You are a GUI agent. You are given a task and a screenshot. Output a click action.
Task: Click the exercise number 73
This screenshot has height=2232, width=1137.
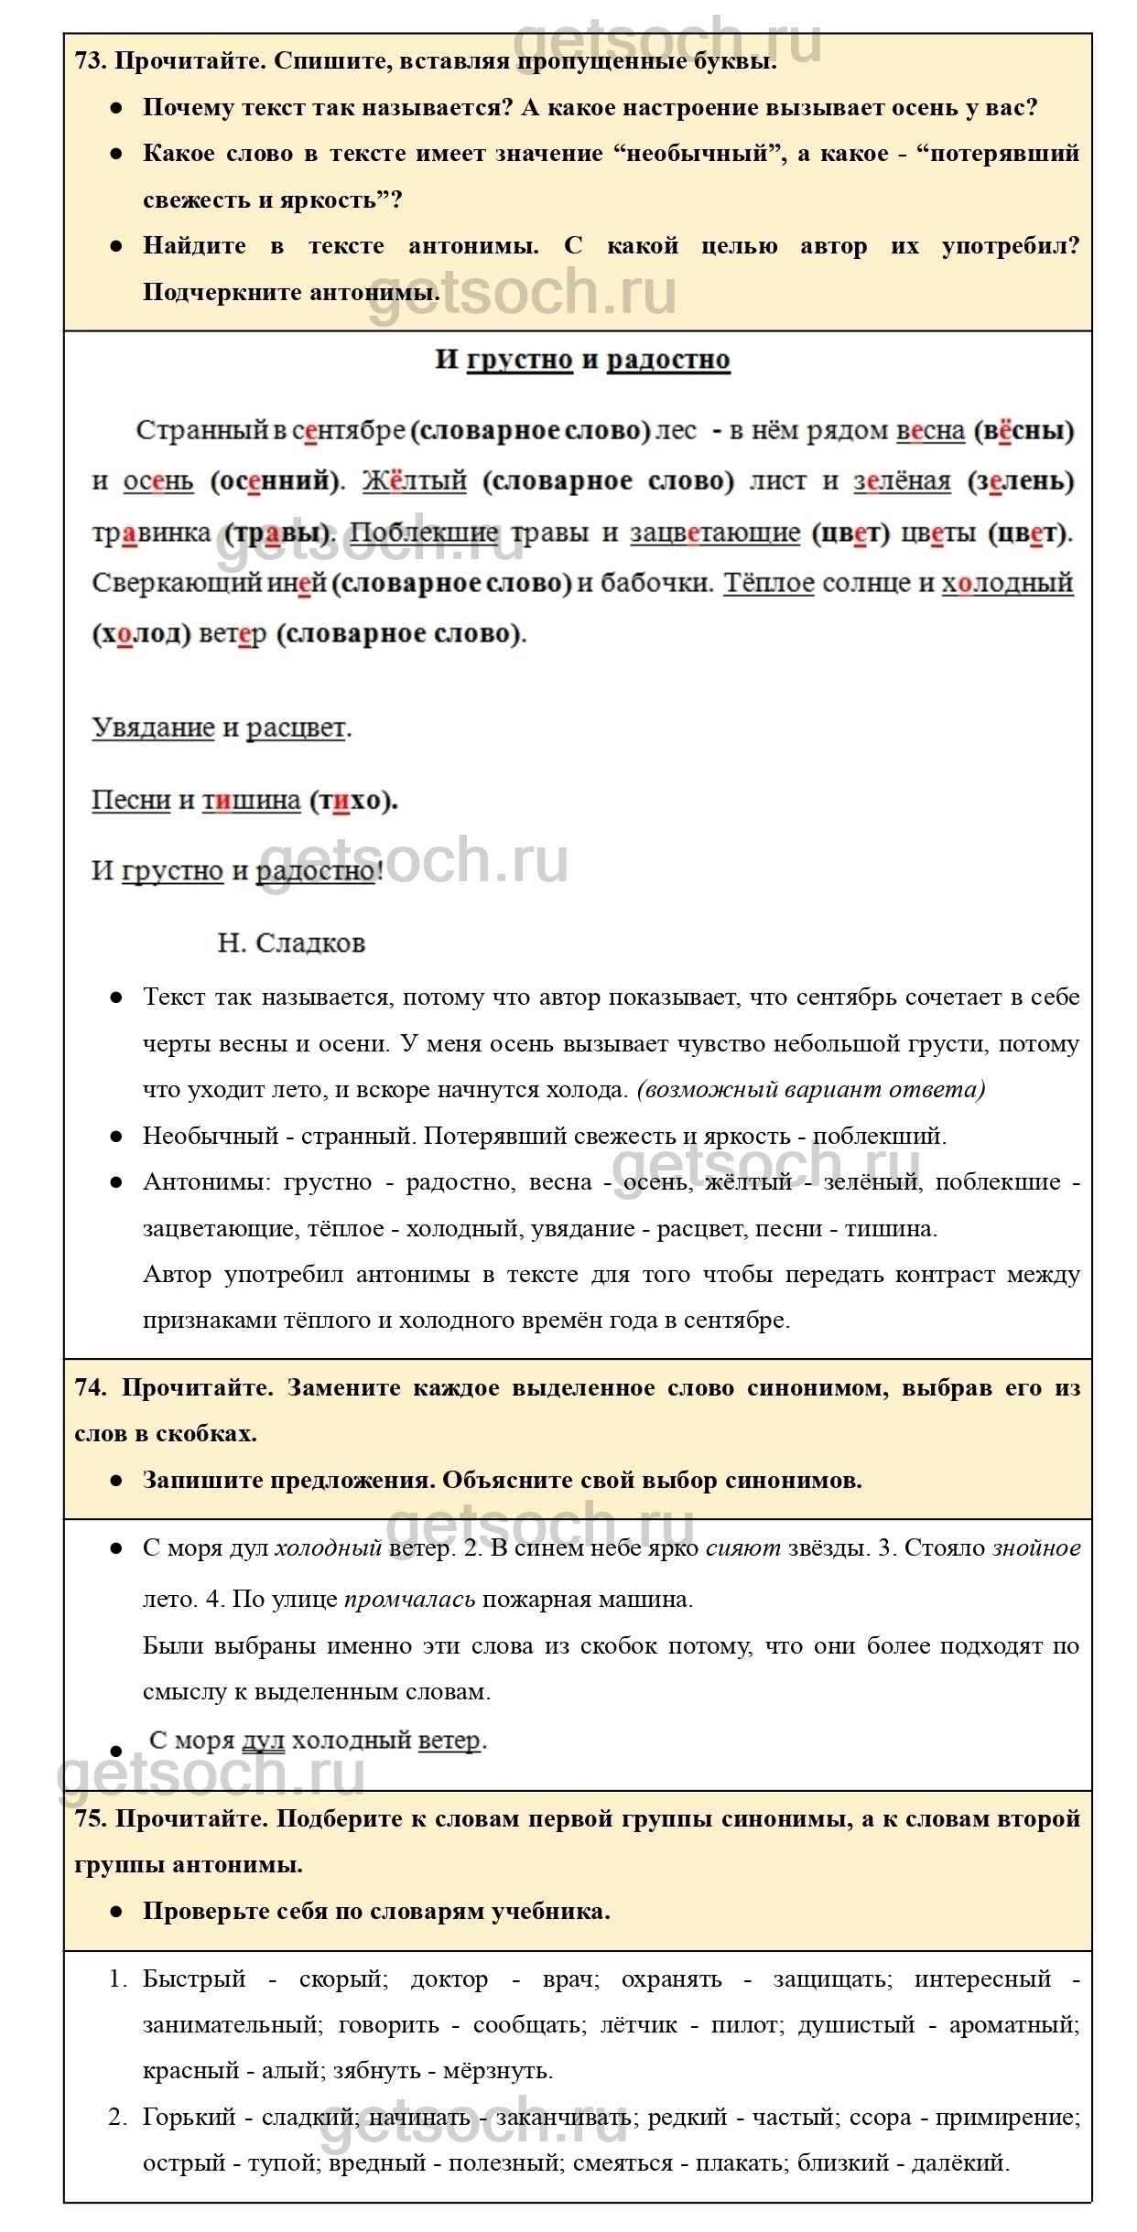[x=91, y=62]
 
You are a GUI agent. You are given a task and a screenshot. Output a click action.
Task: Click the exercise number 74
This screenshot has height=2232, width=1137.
[x=91, y=1387]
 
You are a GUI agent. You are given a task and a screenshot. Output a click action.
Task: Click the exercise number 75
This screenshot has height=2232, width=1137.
[x=91, y=1818]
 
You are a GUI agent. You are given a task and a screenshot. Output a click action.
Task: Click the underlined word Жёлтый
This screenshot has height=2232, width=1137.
[x=415, y=481]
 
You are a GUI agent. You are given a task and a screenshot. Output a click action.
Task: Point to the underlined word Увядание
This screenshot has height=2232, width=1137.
[x=153, y=728]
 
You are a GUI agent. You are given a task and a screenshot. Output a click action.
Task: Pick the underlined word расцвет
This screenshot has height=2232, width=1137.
[x=296, y=728]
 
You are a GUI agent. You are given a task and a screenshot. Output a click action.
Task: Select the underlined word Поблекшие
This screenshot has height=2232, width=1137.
[x=425, y=533]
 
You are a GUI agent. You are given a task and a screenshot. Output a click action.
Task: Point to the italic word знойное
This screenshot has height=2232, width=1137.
[x=1036, y=1548]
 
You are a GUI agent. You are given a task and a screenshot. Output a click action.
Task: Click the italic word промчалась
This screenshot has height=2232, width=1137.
[x=410, y=1600]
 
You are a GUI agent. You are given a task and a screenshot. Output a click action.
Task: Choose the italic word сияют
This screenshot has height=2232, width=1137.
[x=743, y=1548]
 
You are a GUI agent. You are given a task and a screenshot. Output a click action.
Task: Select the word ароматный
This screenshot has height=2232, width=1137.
[x=1013, y=2025]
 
